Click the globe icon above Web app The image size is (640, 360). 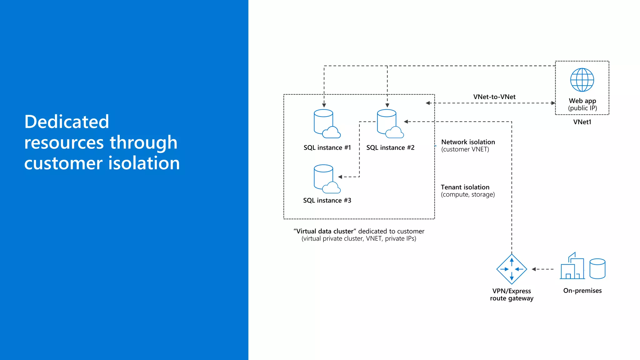[582, 80]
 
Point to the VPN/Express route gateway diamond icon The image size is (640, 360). [512, 269]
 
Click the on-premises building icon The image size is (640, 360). [572, 267]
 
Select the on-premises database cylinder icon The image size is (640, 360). [597, 268]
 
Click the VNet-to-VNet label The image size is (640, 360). [494, 97]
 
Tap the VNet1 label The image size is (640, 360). [582, 122]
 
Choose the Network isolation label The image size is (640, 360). [468, 142]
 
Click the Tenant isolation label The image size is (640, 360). [465, 187]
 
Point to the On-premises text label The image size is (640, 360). [582, 291]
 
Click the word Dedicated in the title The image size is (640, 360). [67, 122]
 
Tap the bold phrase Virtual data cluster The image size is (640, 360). [325, 231]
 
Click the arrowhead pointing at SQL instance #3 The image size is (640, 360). [340, 177]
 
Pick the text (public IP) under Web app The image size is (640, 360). [582, 108]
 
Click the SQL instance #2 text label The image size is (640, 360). [390, 147]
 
